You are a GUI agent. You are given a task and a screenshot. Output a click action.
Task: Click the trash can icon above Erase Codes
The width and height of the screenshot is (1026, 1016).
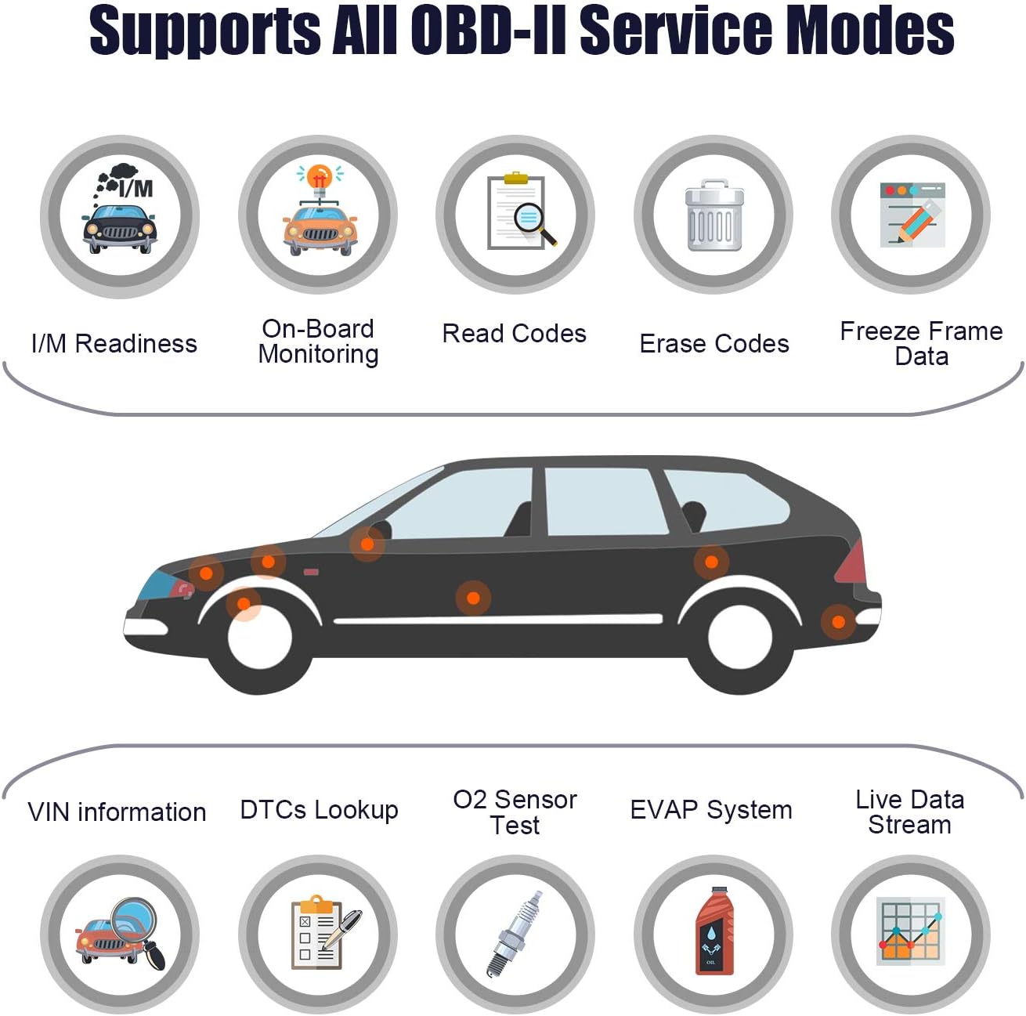point(714,215)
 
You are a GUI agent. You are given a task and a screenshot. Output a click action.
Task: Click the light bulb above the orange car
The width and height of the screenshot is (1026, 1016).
point(320,176)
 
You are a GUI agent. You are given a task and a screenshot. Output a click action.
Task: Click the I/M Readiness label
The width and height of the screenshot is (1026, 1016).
point(114,344)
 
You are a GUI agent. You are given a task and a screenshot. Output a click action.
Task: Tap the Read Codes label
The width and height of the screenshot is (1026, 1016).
point(514,334)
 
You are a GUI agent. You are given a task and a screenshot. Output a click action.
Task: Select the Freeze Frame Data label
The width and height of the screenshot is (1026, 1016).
point(921,344)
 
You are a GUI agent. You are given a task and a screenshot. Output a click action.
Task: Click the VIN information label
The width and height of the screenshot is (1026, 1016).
point(117,812)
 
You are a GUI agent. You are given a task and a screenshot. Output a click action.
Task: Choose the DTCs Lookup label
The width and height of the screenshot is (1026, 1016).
point(319,810)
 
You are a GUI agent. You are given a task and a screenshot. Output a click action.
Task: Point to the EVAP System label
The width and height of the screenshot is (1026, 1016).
point(711,810)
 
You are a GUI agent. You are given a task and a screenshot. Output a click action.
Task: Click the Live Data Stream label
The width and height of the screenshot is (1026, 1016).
point(909,812)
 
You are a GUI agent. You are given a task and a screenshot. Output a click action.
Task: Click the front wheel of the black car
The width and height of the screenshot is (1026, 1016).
point(259,637)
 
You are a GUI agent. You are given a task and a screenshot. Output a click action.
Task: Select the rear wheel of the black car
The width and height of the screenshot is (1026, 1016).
point(739,637)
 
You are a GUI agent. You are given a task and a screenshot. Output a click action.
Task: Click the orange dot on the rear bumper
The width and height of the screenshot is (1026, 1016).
point(838,622)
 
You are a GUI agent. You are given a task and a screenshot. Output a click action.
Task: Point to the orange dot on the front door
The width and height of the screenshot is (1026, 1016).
point(473,598)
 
